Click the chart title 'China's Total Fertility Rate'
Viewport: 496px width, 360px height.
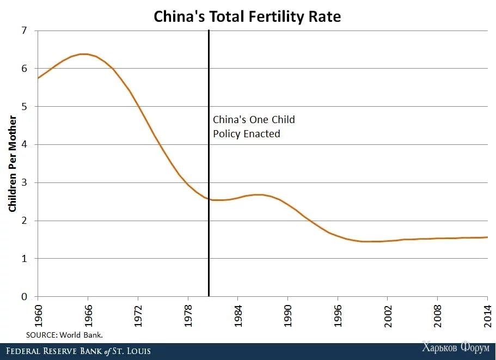pyautogui.click(x=248, y=16)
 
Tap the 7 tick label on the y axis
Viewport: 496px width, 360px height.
pyautogui.click(x=25, y=30)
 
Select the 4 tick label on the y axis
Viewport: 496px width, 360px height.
pyautogui.click(x=25, y=144)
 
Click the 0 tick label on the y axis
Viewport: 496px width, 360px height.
pyautogui.click(x=25, y=297)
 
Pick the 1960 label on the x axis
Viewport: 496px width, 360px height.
pyautogui.click(x=38, y=315)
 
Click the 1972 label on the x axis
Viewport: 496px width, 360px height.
pyautogui.click(x=138, y=315)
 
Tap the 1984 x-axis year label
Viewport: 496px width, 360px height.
pyautogui.click(x=238, y=315)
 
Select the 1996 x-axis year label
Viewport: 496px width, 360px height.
pyautogui.click(x=338, y=315)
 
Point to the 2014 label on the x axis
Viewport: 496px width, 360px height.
pyautogui.click(x=487, y=315)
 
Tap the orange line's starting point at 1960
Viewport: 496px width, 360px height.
pyautogui.click(x=38, y=78)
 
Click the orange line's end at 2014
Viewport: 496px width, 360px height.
pyautogui.click(x=487, y=237)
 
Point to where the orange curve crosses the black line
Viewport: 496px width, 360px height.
pyautogui.click(x=209, y=199)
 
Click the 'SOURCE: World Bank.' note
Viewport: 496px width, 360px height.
pyautogui.click(x=64, y=334)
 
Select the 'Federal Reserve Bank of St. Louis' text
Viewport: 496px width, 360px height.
pyautogui.click(x=78, y=351)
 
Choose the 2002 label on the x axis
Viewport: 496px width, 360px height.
pyautogui.click(x=388, y=315)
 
